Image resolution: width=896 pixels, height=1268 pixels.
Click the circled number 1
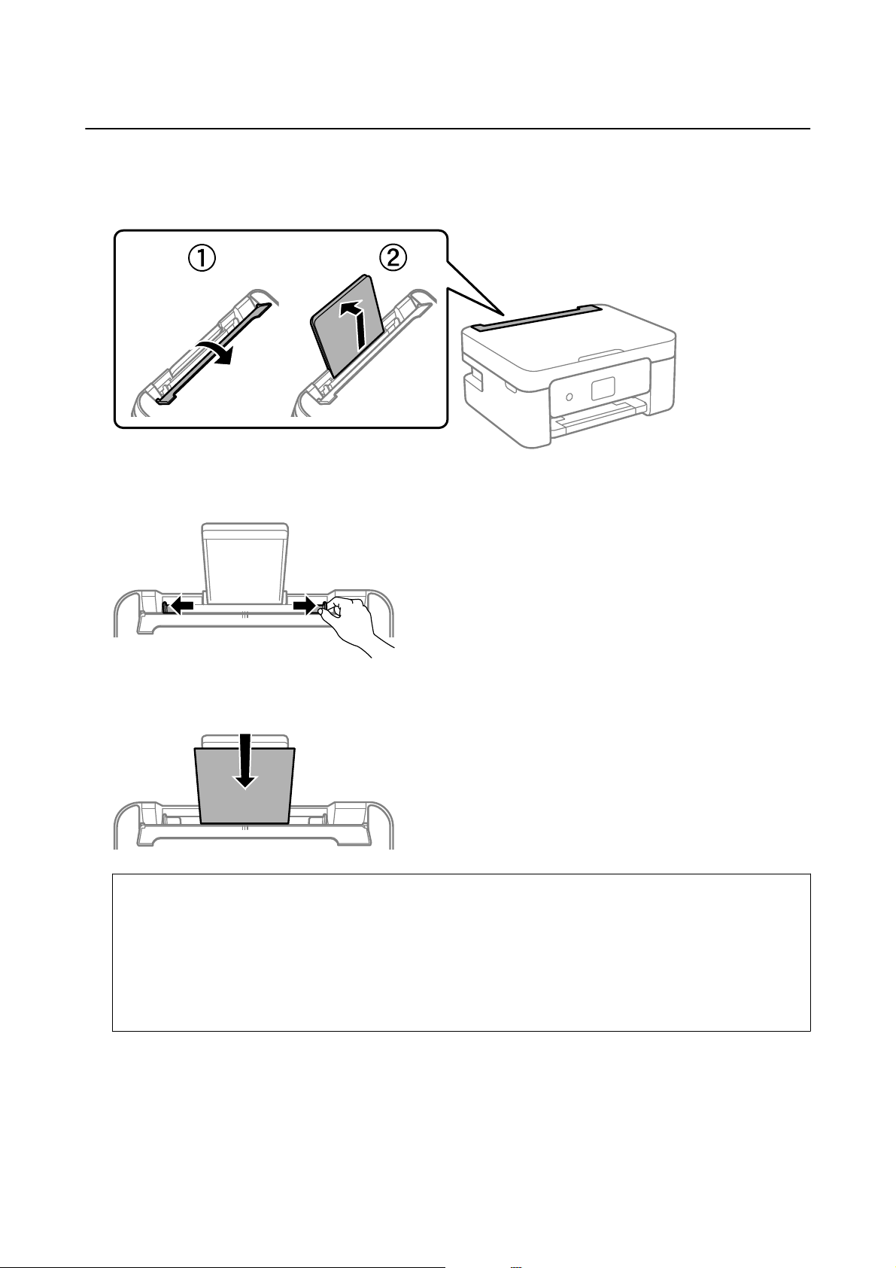202,260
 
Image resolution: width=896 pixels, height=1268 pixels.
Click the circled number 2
392,259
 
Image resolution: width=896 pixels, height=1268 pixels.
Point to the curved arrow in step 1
214,353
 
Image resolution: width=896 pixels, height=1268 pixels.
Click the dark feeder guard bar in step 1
214,353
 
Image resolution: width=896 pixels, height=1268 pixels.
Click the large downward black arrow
245,761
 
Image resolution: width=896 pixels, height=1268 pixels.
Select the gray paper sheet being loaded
245,786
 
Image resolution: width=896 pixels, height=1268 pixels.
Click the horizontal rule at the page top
448,129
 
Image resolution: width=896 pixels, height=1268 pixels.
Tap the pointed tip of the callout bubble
503,314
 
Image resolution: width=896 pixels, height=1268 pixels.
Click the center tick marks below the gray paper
245,828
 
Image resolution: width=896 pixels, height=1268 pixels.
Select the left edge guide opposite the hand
166,607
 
